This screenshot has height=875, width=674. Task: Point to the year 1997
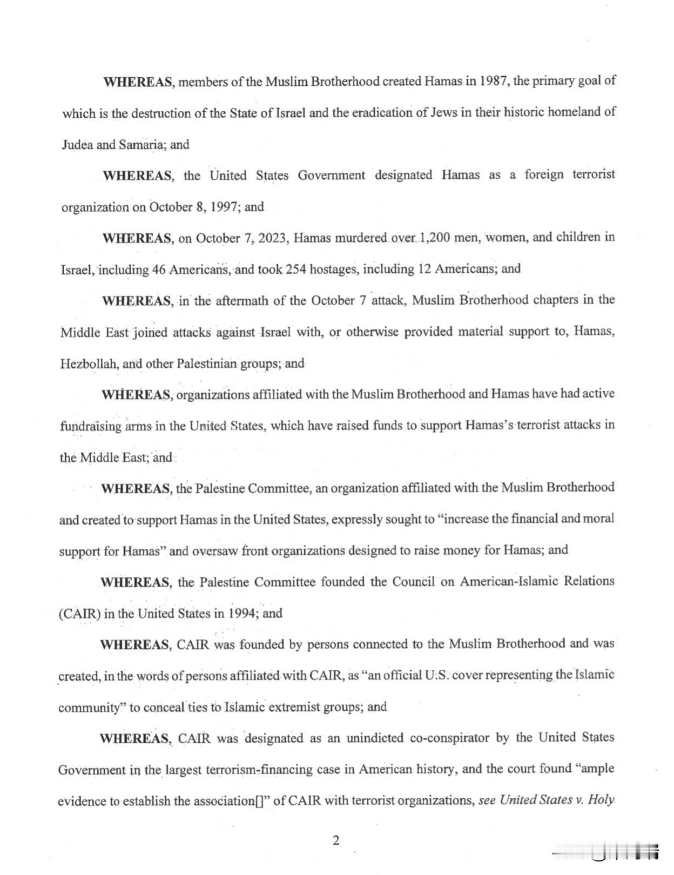224,207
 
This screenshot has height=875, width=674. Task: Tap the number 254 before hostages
296,269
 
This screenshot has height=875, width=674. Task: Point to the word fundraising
91,426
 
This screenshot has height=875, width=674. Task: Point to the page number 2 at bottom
336,840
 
